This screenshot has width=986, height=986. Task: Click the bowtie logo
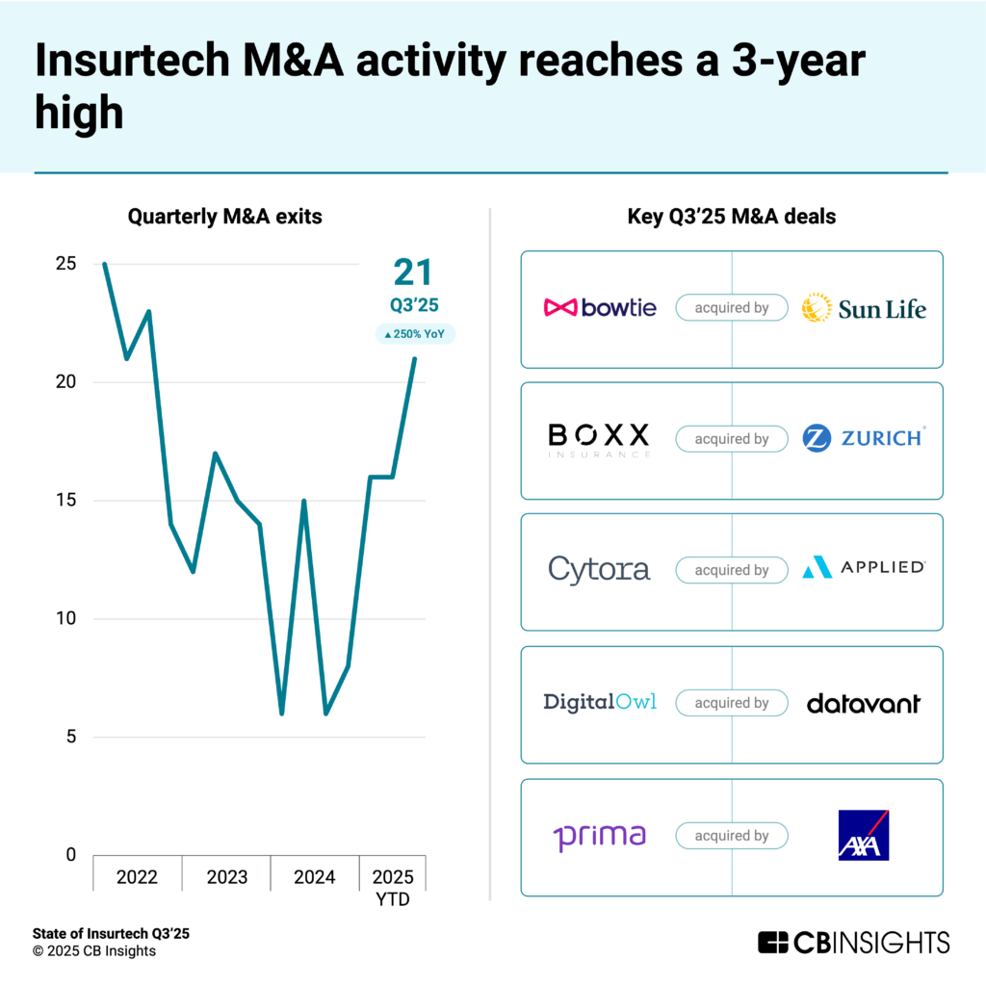point(600,308)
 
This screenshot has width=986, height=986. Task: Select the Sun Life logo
point(864,308)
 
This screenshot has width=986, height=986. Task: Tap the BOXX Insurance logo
point(599,439)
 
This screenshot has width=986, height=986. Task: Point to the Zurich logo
point(864,438)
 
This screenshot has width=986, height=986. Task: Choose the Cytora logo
point(599,569)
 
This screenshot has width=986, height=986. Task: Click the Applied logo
point(864,568)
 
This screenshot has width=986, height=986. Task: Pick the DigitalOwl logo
point(600,702)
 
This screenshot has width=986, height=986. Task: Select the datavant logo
point(864,703)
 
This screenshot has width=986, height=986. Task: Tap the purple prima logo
point(599,836)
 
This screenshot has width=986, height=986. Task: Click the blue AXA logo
point(864,835)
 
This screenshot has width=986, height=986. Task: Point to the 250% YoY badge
point(415,334)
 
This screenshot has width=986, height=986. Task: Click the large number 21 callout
point(414,273)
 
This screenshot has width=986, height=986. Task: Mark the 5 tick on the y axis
point(69,738)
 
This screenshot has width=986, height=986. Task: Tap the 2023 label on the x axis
point(227,877)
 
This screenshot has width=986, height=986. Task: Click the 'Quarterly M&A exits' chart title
point(225,218)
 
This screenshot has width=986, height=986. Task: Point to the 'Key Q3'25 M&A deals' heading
point(732,218)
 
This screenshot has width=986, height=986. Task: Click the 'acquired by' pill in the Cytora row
point(732,570)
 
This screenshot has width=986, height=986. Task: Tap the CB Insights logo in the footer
point(853,942)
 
